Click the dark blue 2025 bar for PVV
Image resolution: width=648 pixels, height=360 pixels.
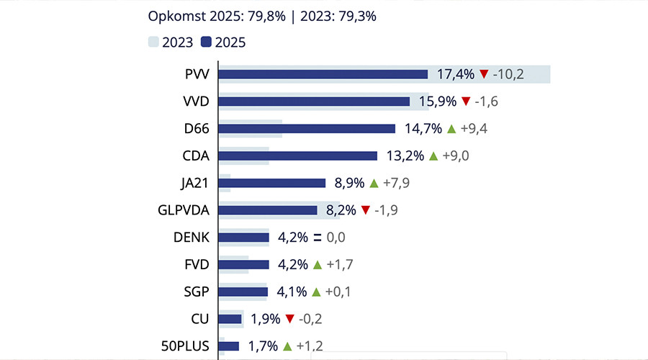(x=323, y=74)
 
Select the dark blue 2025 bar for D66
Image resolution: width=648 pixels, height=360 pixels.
(x=307, y=129)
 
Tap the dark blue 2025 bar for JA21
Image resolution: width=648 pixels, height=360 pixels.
(x=272, y=183)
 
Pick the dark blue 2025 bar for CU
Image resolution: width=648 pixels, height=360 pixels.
(x=230, y=319)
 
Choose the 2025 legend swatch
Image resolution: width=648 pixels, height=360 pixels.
(x=206, y=42)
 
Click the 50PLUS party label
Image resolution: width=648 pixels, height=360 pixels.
(x=186, y=346)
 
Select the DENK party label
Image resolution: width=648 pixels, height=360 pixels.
(x=192, y=238)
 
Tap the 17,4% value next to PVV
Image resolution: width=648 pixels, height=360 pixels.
(x=456, y=74)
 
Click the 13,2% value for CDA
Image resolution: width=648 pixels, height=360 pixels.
(x=405, y=156)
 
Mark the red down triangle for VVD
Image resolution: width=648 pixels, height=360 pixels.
(x=466, y=102)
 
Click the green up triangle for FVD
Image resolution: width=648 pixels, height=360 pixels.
(x=317, y=265)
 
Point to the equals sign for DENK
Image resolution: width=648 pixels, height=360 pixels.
(x=317, y=238)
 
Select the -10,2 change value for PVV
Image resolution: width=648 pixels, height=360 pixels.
(x=508, y=74)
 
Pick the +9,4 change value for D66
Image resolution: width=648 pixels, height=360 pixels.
(x=477, y=129)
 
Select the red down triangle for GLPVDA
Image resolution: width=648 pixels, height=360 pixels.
(x=365, y=210)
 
